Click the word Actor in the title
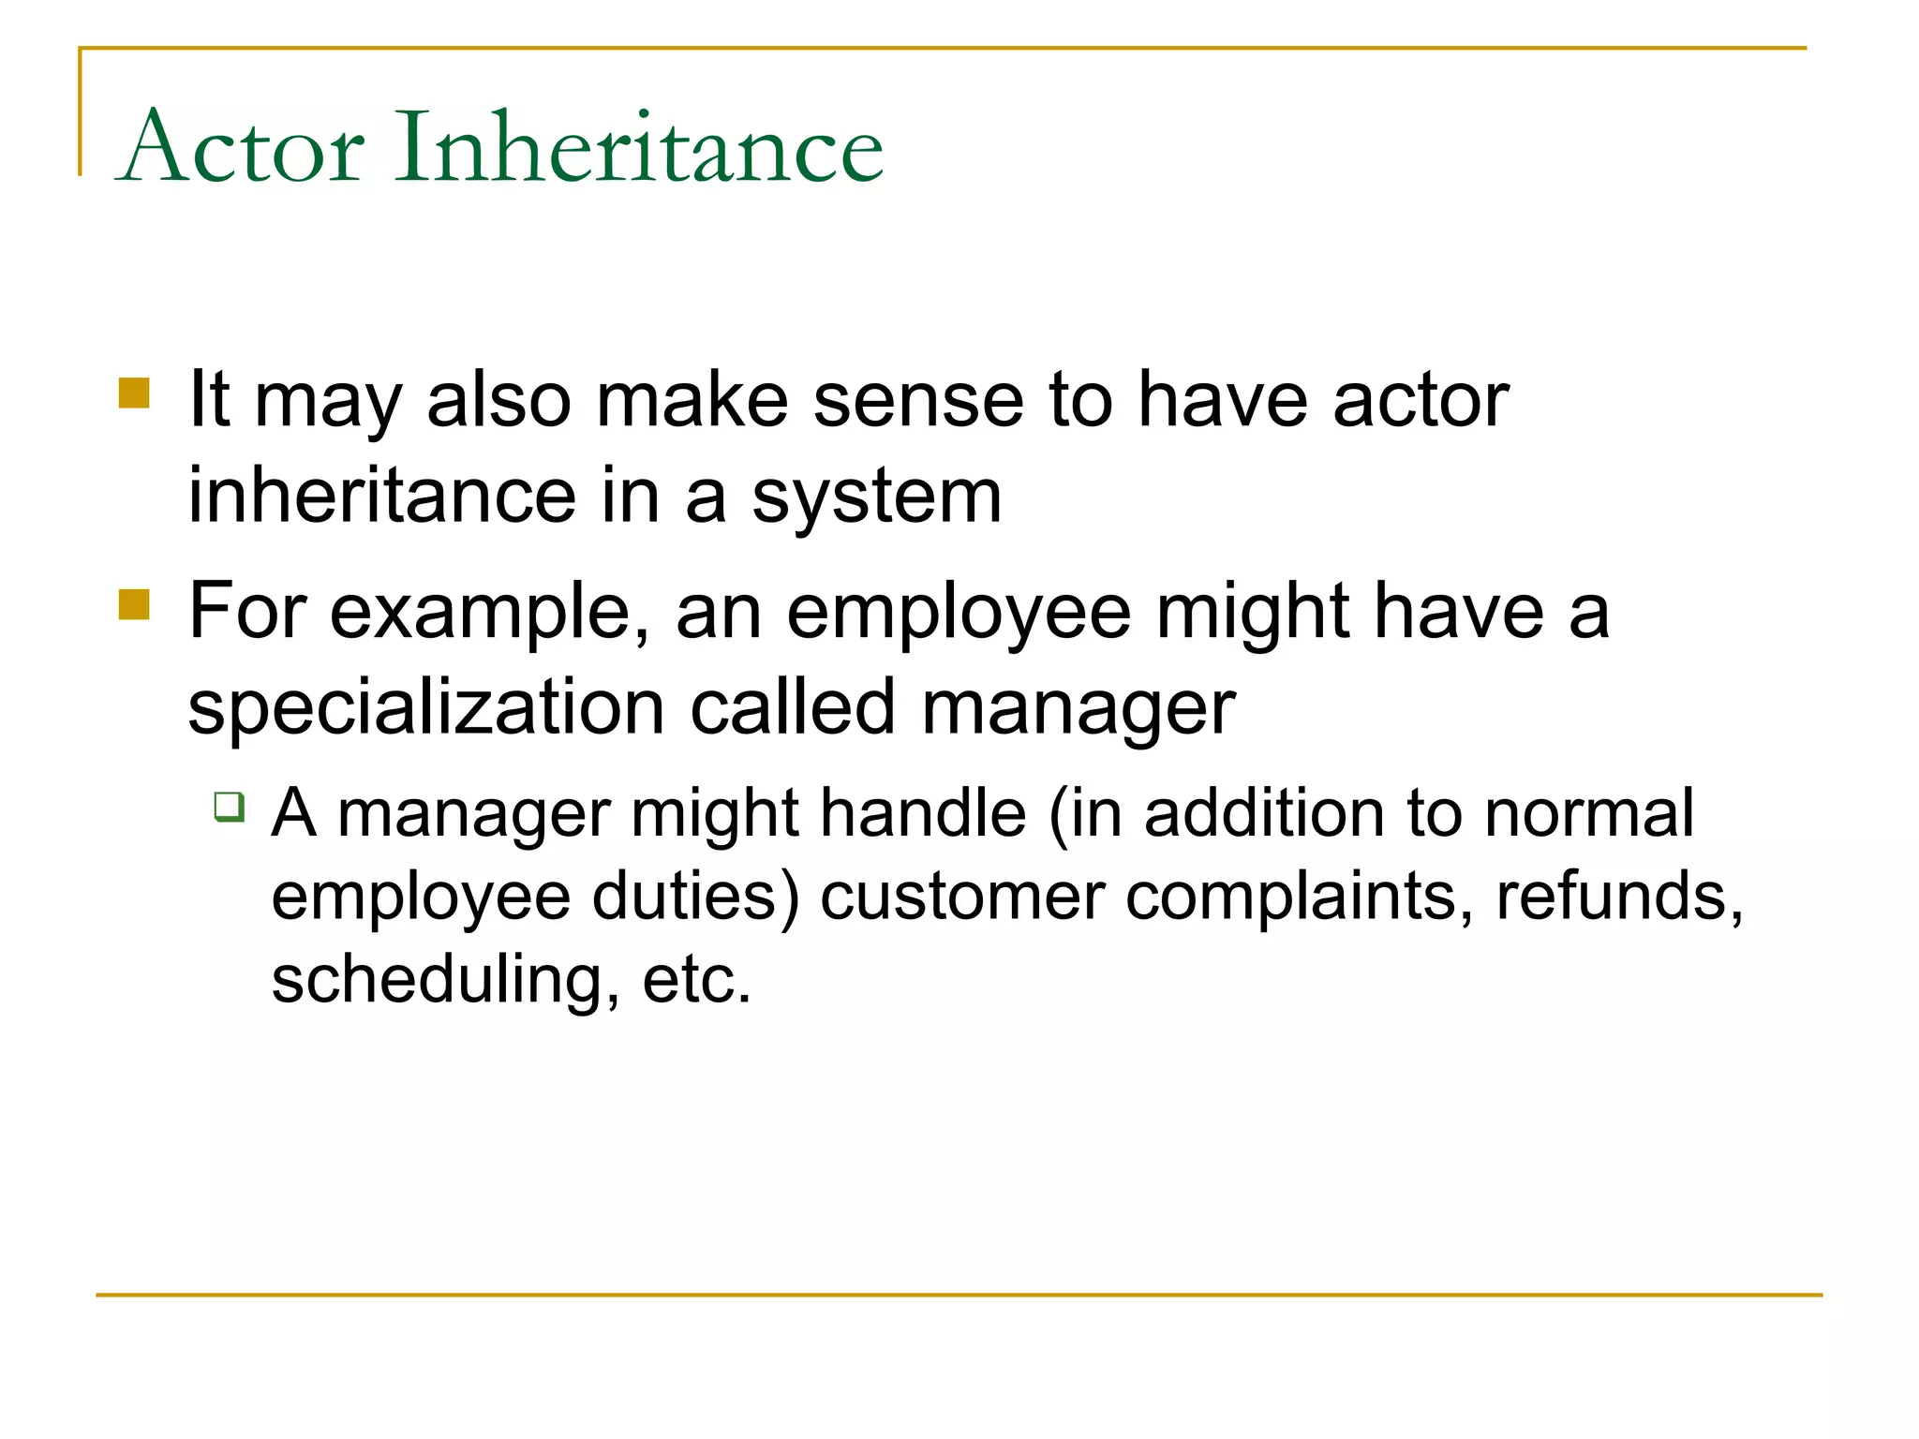pyautogui.click(x=242, y=148)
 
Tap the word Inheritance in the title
pyautogui.click(x=639, y=148)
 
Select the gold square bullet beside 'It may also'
pyautogui.click(x=134, y=393)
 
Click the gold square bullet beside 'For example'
pyautogui.click(x=134, y=604)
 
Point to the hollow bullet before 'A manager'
pyautogui.click(x=229, y=807)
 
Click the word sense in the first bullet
pyautogui.click(x=917, y=401)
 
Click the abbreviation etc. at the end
pyautogui.click(x=697, y=981)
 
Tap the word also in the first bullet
pyautogui.click(x=498, y=401)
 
